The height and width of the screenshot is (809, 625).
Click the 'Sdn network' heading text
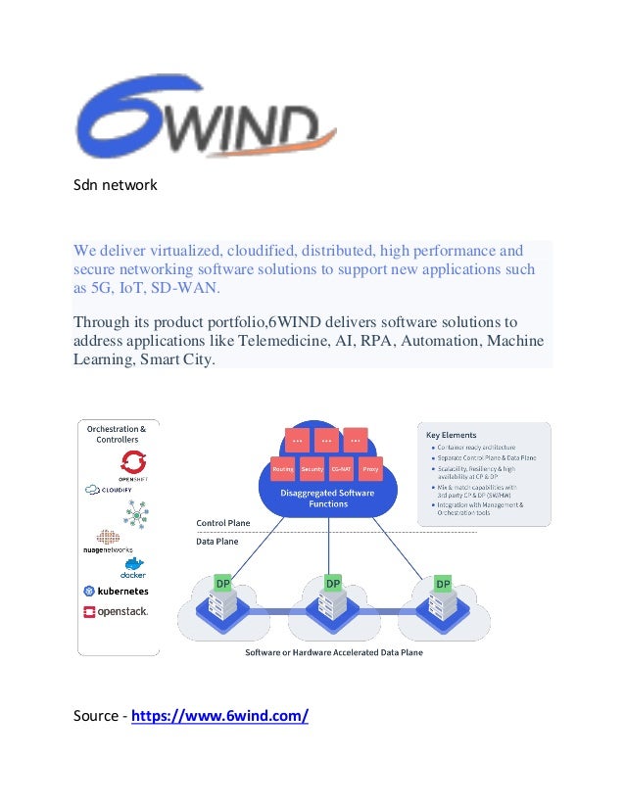click(x=116, y=184)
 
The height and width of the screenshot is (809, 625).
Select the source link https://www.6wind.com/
click(x=219, y=716)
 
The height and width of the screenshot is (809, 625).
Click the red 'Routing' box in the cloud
click(x=283, y=469)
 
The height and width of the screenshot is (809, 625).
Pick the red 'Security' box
click(x=312, y=469)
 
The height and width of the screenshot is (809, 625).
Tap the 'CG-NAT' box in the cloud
click(x=342, y=469)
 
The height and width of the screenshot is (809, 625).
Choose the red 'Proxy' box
click(x=370, y=469)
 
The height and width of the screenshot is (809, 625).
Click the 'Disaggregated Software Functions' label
click(x=327, y=498)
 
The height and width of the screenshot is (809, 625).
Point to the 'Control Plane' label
click(x=223, y=523)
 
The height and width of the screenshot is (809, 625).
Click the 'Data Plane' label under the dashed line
click(x=216, y=541)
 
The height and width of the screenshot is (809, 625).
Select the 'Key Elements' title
click(x=451, y=435)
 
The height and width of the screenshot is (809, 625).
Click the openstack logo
click(x=116, y=612)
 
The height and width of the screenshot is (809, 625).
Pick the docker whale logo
click(x=132, y=568)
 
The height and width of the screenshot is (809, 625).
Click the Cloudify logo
click(x=117, y=489)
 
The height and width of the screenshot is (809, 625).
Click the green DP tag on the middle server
click(x=334, y=584)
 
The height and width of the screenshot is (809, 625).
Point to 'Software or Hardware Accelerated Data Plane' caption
click(x=333, y=652)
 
